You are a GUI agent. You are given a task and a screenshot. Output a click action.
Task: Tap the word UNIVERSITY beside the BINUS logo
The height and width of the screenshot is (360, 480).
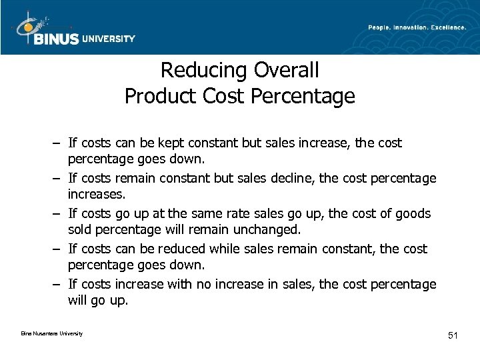point(108,39)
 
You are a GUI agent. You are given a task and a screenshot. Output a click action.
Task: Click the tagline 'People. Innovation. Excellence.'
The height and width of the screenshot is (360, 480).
point(417,27)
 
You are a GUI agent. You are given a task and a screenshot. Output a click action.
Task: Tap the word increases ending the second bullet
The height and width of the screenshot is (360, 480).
point(95,195)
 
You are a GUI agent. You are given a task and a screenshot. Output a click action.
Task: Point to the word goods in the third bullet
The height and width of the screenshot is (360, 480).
point(412,213)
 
